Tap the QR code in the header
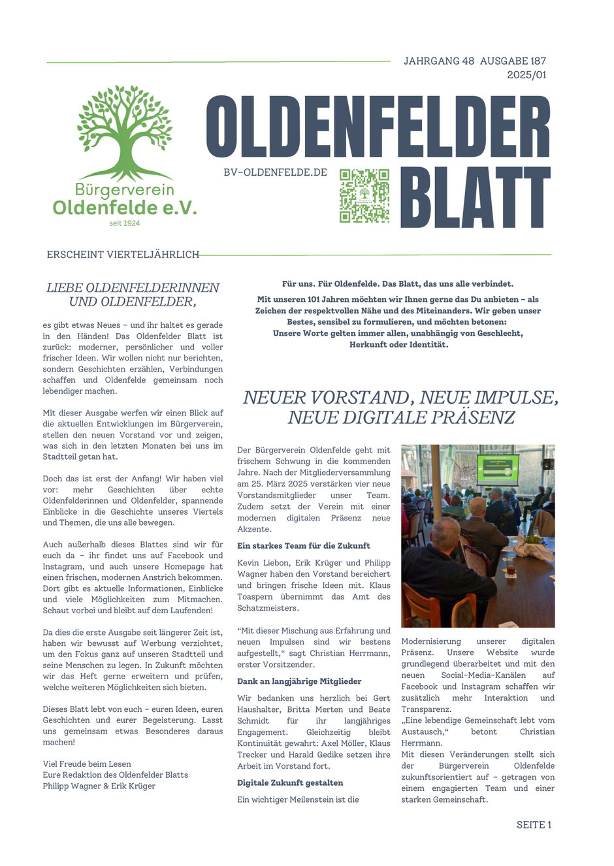(x=364, y=196)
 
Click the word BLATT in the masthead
(x=476, y=198)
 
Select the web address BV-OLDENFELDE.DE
(x=275, y=172)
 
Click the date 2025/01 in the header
(x=526, y=75)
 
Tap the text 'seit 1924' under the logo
(x=124, y=223)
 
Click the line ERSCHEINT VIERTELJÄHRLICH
(x=123, y=255)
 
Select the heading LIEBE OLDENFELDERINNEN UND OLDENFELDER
(x=133, y=295)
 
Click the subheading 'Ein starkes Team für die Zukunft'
(x=304, y=545)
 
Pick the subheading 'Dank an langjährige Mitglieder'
(x=299, y=681)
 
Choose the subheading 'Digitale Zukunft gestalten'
(x=290, y=782)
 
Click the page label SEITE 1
(x=534, y=825)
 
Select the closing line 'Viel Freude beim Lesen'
(x=87, y=763)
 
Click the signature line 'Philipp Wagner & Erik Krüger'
(x=99, y=786)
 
